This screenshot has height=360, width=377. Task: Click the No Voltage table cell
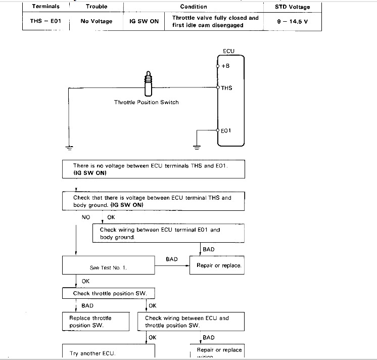(x=97, y=21)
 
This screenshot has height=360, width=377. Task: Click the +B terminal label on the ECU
(x=226, y=66)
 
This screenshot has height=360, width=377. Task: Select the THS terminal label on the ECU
(x=226, y=88)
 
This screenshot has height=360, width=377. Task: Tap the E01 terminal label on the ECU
(x=227, y=131)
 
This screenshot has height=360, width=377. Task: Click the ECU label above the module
(x=228, y=51)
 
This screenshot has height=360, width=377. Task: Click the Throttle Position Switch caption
(x=146, y=102)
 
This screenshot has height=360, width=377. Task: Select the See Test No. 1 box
(x=107, y=265)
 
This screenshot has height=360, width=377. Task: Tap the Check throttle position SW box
(x=107, y=293)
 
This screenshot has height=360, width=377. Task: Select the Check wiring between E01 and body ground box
(x=168, y=233)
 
